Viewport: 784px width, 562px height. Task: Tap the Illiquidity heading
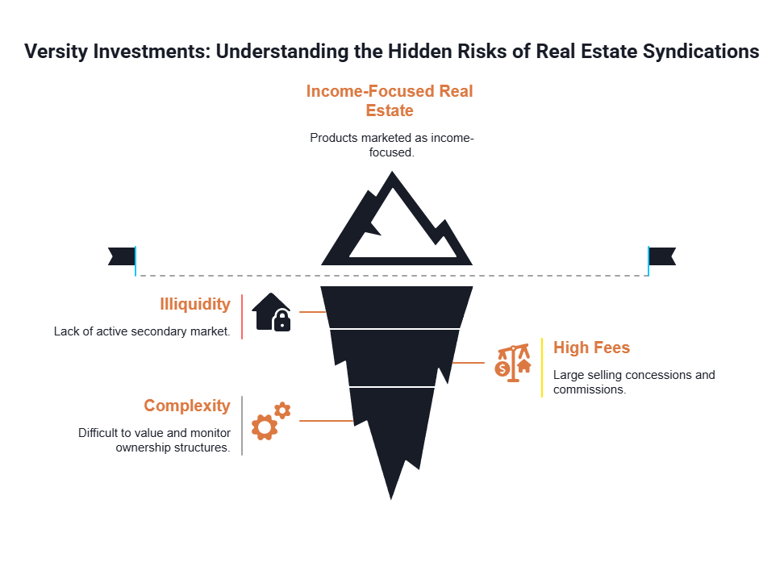pyautogui.click(x=194, y=304)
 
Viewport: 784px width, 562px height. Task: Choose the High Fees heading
pyautogui.click(x=591, y=348)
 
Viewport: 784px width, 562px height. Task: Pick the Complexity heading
pyautogui.click(x=186, y=406)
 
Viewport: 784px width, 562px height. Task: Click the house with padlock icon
pyautogui.click(x=271, y=312)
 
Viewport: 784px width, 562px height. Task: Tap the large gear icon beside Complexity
pyautogui.click(x=264, y=427)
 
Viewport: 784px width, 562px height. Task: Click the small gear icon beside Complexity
pyautogui.click(x=282, y=410)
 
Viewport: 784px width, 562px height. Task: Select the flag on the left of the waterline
pyautogui.click(x=122, y=256)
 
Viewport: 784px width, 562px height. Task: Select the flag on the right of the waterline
pyautogui.click(x=663, y=256)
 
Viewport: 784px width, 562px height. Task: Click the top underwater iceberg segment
pyautogui.click(x=395, y=306)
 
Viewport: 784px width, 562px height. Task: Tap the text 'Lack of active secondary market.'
pyautogui.click(x=141, y=331)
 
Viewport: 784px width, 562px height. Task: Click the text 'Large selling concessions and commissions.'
pyautogui.click(x=634, y=382)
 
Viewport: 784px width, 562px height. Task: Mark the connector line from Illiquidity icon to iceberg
pyautogui.click(x=311, y=311)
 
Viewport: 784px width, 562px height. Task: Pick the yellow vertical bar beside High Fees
pyautogui.click(x=542, y=367)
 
